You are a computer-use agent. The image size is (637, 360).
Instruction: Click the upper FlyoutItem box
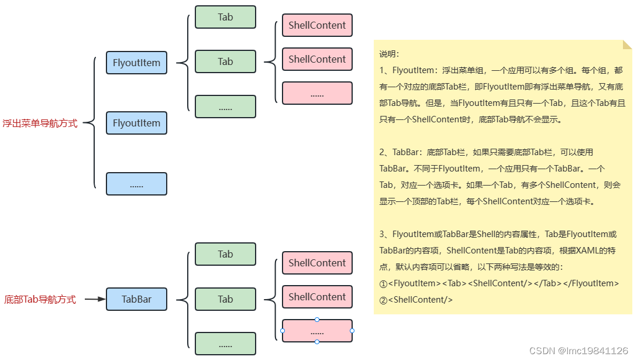click(136, 63)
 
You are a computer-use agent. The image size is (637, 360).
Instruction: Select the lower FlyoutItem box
click(136, 123)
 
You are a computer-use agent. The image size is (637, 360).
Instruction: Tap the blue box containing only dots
click(136, 184)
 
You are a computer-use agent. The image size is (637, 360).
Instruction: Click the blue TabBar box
click(136, 299)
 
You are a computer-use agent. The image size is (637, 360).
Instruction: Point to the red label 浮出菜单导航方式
click(40, 124)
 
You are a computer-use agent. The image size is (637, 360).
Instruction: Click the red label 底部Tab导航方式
click(40, 300)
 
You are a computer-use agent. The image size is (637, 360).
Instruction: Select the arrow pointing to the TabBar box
click(94, 299)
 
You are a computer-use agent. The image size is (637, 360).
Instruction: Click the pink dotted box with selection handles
click(317, 331)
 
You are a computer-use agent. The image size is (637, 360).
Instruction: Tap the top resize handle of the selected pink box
click(317, 320)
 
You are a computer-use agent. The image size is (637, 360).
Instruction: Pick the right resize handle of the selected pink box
click(352, 331)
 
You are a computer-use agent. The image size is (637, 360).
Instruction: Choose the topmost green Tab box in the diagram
click(225, 17)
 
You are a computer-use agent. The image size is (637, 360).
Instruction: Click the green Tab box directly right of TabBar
click(225, 299)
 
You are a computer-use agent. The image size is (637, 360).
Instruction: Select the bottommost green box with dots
click(225, 344)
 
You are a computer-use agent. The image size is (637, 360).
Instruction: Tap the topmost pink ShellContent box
click(317, 25)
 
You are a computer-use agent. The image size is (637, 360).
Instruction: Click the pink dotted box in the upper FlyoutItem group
click(317, 93)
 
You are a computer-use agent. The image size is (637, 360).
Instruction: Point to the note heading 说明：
click(390, 54)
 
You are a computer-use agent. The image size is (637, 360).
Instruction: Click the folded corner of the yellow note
click(627, 44)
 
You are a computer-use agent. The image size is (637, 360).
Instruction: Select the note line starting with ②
click(416, 300)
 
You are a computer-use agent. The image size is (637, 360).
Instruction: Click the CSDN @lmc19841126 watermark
click(578, 351)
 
